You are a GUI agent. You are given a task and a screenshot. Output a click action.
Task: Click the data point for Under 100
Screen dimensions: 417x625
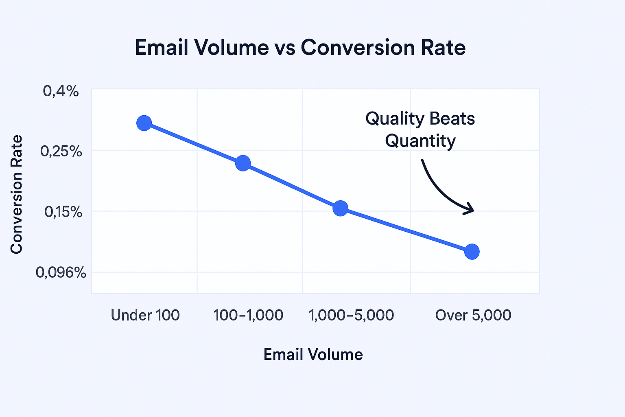point(144,123)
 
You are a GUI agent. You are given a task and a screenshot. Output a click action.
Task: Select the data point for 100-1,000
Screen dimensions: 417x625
point(243,163)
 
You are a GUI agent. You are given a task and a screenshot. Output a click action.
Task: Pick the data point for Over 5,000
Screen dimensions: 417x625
point(472,252)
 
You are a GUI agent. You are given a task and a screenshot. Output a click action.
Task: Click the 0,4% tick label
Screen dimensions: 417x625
point(61,91)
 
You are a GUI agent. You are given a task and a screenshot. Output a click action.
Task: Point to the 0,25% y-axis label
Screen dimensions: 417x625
point(61,151)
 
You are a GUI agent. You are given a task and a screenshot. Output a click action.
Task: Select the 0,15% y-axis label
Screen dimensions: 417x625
point(63,212)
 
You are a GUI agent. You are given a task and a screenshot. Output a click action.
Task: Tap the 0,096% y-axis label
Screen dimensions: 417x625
point(61,272)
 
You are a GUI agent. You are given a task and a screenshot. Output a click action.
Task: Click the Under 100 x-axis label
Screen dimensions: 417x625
point(145,315)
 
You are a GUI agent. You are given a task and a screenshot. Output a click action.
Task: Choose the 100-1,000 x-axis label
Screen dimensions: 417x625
point(248,315)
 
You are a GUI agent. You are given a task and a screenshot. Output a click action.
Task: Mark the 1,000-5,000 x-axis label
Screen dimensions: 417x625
point(352,315)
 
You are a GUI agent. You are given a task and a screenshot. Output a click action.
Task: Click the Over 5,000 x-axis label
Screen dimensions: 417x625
point(473,315)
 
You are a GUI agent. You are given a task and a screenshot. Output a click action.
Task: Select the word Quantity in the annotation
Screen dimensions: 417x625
point(420,141)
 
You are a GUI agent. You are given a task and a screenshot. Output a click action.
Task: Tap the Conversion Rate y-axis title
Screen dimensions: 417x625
point(16,195)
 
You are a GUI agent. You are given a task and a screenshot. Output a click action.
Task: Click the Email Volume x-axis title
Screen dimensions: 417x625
point(313,354)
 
